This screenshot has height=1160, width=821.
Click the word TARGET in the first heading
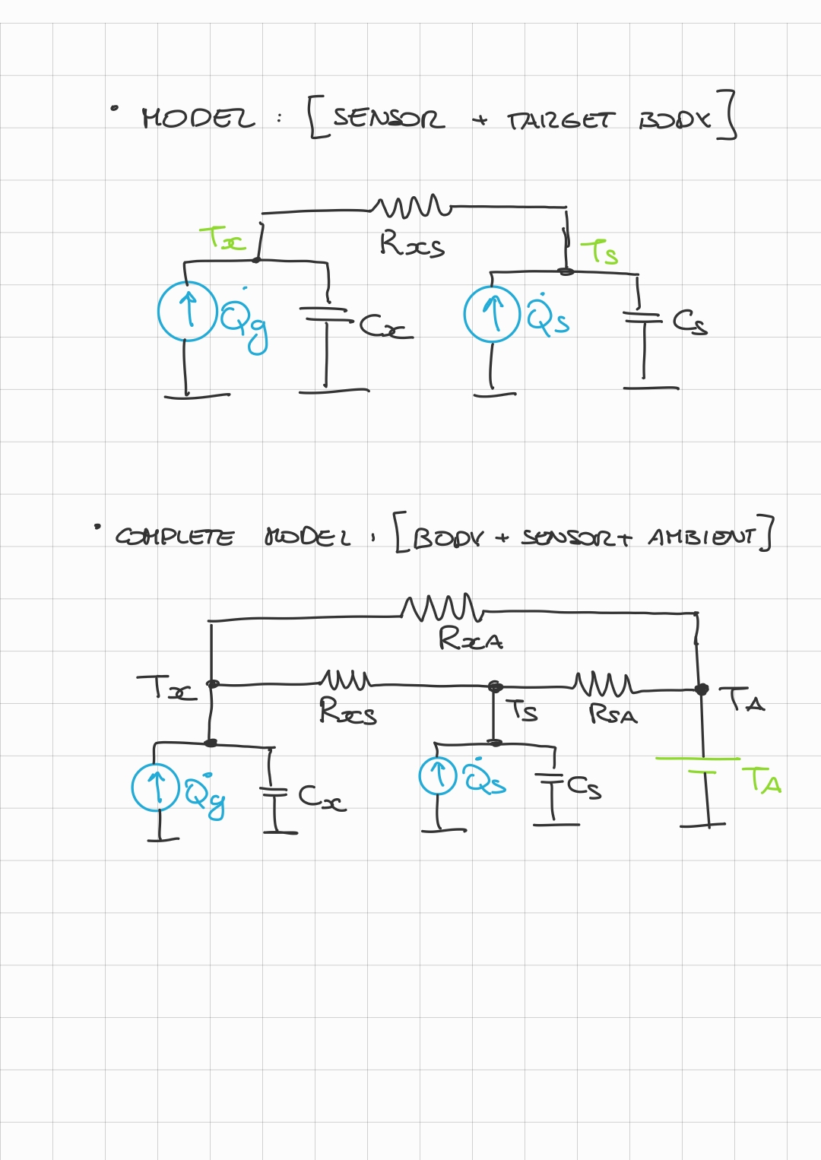point(559,121)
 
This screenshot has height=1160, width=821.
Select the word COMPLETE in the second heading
point(175,537)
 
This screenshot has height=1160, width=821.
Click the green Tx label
point(223,239)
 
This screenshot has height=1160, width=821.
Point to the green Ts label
point(600,252)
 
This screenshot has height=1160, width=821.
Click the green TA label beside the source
point(762,781)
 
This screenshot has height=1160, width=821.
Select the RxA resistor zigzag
point(442,607)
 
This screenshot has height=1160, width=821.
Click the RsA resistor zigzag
point(603,683)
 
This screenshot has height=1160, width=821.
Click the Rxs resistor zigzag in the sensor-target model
point(411,205)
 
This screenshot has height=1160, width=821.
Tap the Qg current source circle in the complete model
point(156,788)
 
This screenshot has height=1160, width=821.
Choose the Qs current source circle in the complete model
point(438,776)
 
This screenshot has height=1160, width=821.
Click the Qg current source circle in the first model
point(187,311)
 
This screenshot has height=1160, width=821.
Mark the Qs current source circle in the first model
point(493,314)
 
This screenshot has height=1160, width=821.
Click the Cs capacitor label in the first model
point(689,322)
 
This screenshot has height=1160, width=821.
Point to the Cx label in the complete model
point(321,797)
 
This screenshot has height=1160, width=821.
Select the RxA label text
point(471,639)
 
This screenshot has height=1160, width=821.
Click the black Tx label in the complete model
point(166,688)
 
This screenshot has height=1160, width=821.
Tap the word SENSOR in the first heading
point(388,119)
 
